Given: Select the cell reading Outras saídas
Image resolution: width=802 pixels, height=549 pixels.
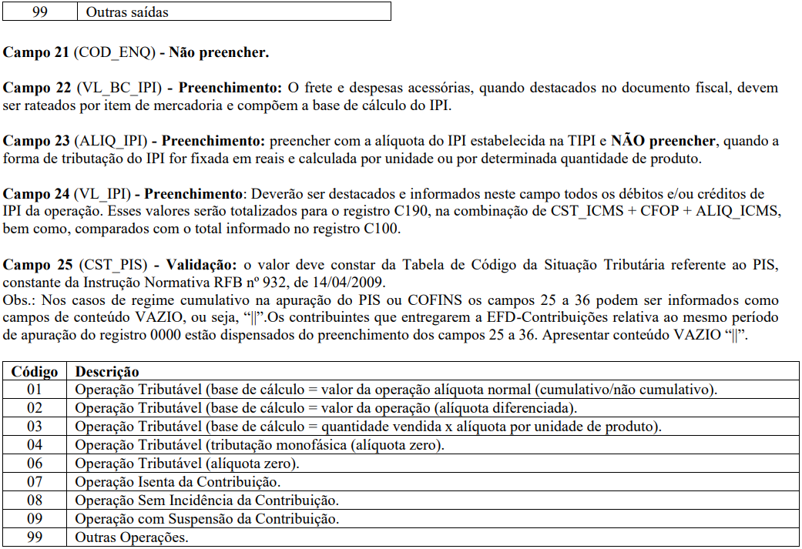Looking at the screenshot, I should pos(126,12).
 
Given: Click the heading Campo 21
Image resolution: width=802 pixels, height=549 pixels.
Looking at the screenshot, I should pos(37,53).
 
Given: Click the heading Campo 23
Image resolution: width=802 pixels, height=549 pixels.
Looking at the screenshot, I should pos(37,141).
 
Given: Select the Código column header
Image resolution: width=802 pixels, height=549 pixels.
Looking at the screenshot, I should pos(35,372).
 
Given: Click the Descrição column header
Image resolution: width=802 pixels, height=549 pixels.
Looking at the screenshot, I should pos(107,372).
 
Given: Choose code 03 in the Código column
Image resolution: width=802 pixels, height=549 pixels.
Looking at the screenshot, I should pos(35,427).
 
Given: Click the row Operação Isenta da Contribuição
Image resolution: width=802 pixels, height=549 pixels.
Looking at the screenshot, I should pos(177,482).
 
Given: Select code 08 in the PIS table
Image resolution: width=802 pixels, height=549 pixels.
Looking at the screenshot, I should pos(35,500).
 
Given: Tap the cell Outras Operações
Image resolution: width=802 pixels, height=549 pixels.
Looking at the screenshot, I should pos(131,537).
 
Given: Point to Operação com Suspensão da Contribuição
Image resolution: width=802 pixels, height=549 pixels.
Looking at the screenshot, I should pos(206,519).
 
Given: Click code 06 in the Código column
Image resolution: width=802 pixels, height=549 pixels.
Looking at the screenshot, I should pos(35,464).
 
